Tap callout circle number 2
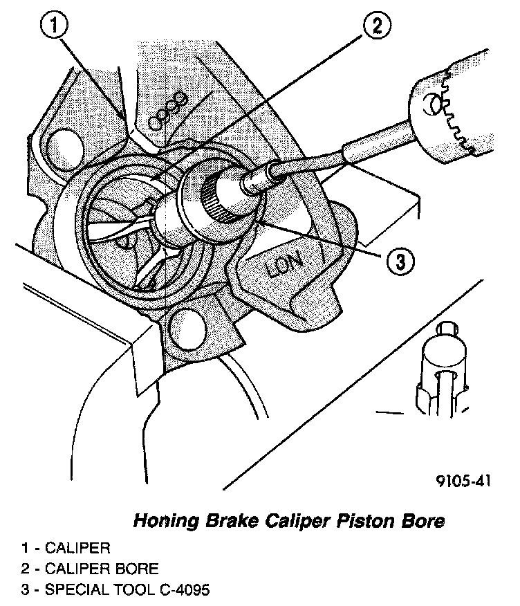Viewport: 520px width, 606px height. pyautogui.click(x=375, y=27)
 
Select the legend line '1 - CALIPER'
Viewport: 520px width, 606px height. pyautogui.click(x=66, y=549)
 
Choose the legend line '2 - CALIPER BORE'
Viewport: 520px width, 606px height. pyautogui.click(x=90, y=569)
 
